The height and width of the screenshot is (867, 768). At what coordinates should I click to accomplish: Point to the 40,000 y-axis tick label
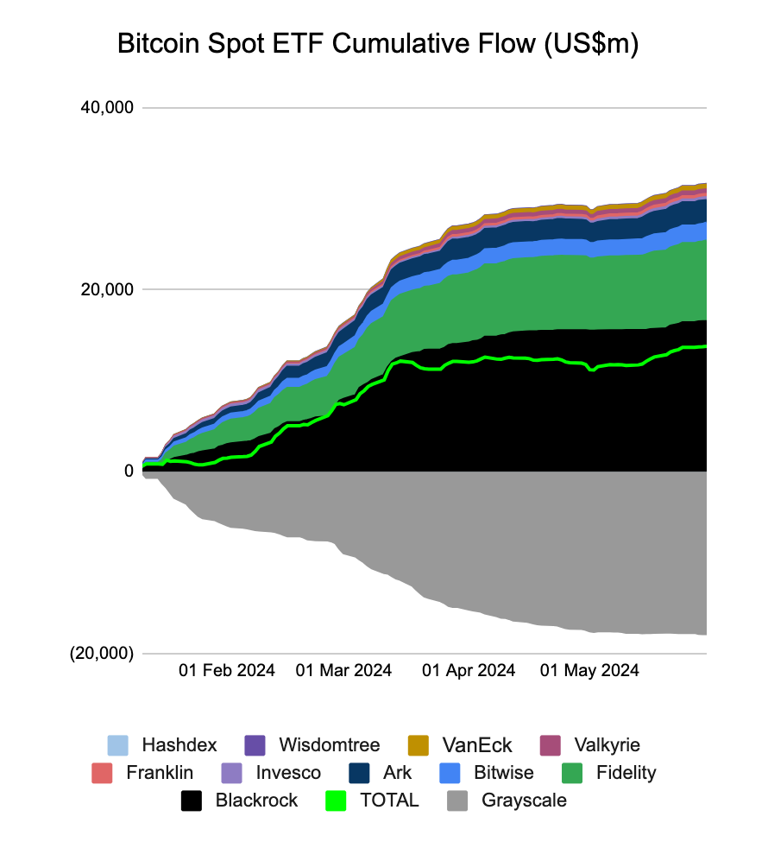(x=107, y=107)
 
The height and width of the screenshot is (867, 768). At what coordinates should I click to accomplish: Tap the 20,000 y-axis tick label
(x=107, y=289)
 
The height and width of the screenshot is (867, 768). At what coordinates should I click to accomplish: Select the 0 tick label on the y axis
(x=129, y=471)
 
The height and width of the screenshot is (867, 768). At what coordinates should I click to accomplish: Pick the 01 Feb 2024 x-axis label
(x=227, y=671)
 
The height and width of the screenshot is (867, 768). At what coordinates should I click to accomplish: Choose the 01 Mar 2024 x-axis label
(x=343, y=671)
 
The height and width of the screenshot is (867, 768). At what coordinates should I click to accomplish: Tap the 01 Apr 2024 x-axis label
(x=469, y=671)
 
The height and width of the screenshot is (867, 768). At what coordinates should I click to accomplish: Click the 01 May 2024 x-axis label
(x=589, y=671)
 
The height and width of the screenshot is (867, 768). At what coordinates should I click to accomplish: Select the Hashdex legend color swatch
(x=117, y=745)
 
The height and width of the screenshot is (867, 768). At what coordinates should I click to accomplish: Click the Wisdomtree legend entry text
(x=330, y=744)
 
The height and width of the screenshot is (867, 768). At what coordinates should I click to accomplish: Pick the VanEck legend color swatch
(x=419, y=745)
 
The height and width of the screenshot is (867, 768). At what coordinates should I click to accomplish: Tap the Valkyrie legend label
(x=607, y=745)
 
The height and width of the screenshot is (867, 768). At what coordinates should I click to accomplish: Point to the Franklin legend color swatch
(x=102, y=773)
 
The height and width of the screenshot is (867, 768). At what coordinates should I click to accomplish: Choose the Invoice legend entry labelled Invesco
(x=288, y=773)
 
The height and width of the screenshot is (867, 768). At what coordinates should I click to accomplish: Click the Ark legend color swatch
(x=359, y=773)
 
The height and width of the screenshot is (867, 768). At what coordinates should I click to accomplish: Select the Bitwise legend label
(x=504, y=773)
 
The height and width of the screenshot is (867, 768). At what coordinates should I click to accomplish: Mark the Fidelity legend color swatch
(x=572, y=773)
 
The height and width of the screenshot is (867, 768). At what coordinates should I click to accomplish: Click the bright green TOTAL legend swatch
(x=336, y=801)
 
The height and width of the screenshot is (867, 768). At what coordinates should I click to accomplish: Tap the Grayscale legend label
(x=524, y=801)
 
